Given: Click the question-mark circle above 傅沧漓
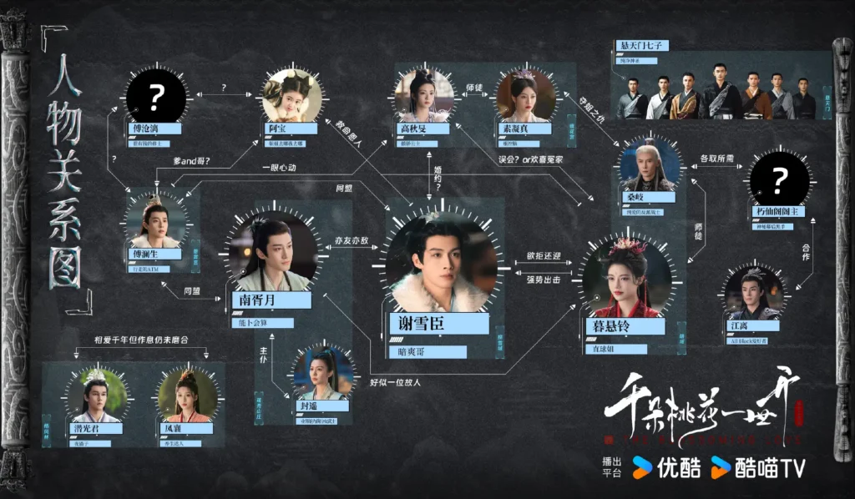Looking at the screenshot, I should pyautogui.click(x=155, y=97).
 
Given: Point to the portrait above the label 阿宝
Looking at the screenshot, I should pyautogui.click(x=292, y=96).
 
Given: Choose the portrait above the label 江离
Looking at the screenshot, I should pyautogui.click(x=754, y=290).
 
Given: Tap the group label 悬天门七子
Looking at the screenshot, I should pyautogui.click(x=642, y=45).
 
